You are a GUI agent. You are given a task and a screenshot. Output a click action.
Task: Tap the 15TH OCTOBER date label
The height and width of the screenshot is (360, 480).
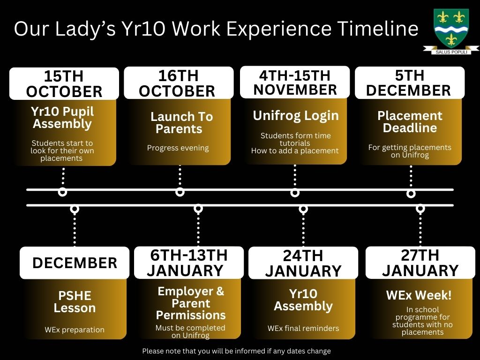pyautogui.click(x=64, y=83)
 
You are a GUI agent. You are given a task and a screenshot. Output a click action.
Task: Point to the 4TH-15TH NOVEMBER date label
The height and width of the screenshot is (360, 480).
pyautogui.click(x=295, y=82)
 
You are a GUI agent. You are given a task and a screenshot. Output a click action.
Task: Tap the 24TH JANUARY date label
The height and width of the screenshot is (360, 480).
pyautogui.click(x=303, y=263)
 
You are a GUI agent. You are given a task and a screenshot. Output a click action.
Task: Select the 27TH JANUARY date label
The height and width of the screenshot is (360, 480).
pyautogui.click(x=420, y=262)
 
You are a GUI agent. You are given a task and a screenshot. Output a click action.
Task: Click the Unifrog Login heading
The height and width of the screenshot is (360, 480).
pyautogui.click(x=296, y=116)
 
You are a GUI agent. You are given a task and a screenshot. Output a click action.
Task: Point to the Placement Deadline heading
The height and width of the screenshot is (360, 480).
pyautogui.click(x=410, y=121)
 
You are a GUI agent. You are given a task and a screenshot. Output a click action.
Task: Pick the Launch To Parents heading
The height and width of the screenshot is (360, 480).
pyautogui.click(x=181, y=122)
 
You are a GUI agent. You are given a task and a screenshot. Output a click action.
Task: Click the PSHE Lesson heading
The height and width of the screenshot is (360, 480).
pyautogui.click(x=75, y=301)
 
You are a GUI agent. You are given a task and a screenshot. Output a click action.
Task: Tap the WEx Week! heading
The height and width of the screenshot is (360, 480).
pyautogui.click(x=419, y=295)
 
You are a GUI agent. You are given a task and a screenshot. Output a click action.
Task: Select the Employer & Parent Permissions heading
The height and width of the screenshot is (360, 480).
pyautogui.click(x=191, y=303)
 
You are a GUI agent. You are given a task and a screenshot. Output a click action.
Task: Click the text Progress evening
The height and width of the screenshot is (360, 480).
pyautogui.click(x=178, y=148)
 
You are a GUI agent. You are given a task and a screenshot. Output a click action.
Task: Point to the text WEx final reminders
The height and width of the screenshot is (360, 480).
pyautogui.click(x=303, y=328)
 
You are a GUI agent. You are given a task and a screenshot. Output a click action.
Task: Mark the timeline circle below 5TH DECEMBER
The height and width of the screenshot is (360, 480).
pyautogui.click(x=411, y=194)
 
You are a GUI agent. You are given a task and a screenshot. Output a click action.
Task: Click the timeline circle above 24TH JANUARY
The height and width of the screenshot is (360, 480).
pyautogui.click(x=303, y=209)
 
